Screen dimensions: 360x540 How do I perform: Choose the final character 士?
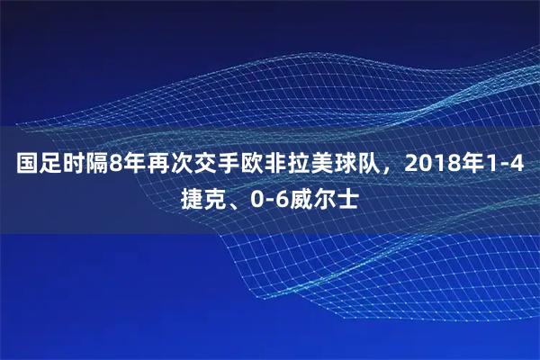(346, 198)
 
